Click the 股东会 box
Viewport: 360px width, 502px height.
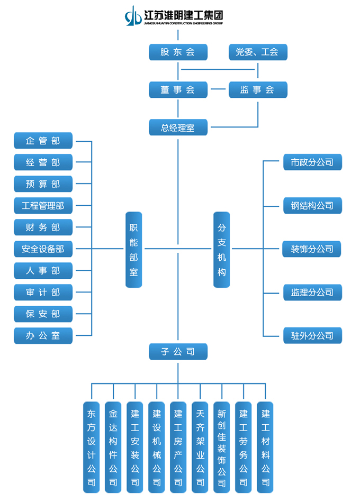pos(178,52)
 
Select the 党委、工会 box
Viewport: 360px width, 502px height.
pos(258,52)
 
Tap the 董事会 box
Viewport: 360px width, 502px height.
pos(178,89)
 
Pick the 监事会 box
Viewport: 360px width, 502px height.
pos(258,89)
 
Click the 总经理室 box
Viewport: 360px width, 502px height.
pos(178,127)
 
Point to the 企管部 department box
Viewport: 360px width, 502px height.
pos(43,141)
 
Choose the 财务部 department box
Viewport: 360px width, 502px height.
pos(43,227)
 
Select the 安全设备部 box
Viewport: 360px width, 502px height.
pos(43,249)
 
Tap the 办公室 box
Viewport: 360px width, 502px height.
pos(43,335)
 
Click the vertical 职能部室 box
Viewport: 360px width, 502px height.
pos(134,249)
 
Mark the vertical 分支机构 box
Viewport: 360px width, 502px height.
pos(221,249)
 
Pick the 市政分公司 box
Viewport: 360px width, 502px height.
pos(312,162)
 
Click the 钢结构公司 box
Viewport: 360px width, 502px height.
pos(312,205)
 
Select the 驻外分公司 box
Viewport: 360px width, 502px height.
pos(312,335)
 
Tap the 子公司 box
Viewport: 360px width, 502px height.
pos(178,351)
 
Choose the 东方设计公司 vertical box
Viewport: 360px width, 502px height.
pos(92,447)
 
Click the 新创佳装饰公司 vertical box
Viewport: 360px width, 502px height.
pos(221,447)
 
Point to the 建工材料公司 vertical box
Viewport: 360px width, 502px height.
pos(265,447)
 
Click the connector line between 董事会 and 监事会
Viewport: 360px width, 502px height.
pos(218,89)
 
